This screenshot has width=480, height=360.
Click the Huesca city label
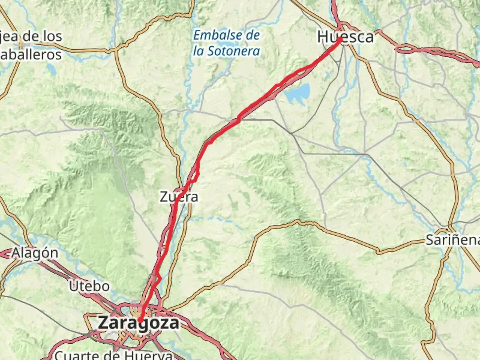coord(345,37)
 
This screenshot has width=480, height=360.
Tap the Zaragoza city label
coord(138,323)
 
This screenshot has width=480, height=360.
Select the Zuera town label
coord(179,197)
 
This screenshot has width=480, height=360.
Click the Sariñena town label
coord(453,240)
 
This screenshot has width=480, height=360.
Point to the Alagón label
coord(35,253)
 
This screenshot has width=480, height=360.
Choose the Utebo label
coord(89,286)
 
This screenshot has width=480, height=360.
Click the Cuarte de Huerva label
coord(113,355)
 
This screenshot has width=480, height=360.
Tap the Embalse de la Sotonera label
coord(227,43)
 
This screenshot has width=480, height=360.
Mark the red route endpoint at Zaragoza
coord(140,321)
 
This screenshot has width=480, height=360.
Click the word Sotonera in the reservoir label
coord(233,51)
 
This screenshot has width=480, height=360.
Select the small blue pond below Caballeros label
coord(52,69)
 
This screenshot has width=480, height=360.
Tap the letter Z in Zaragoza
coord(103,323)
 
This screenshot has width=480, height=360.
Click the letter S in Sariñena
coord(430,240)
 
